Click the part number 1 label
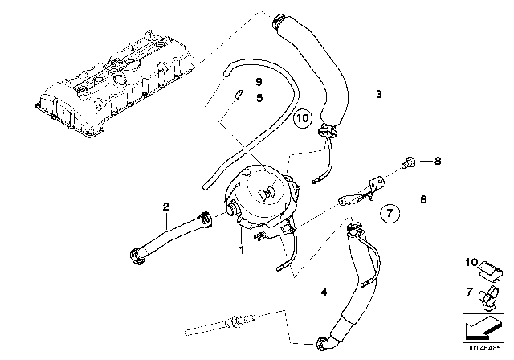tap(241, 251)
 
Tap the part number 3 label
tap(378, 95)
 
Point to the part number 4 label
tap(324, 292)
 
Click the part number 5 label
tap(259, 99)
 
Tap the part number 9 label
tap(258, 80)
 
